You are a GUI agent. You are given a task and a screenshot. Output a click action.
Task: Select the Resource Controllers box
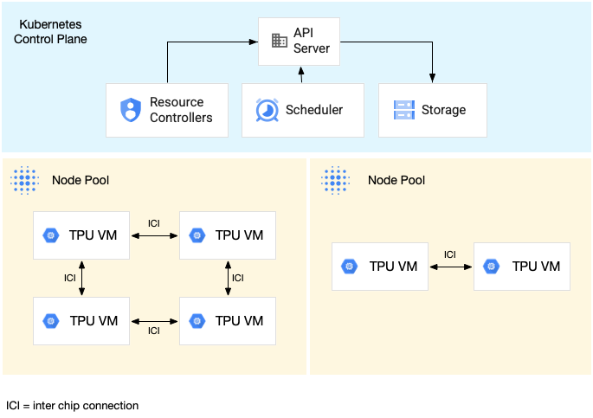click(166, 110)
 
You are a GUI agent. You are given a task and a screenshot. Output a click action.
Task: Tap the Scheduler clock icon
click(266, 110)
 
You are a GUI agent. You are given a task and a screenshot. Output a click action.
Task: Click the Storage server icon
click(404, 110)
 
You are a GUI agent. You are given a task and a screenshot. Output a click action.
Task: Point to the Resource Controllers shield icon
click(130, 110)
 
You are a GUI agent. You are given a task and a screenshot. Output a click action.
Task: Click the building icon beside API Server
click(279, 41)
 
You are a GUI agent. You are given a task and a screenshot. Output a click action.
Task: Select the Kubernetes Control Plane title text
click(51, 32)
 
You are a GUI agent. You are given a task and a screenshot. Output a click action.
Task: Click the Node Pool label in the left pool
click(81, 180)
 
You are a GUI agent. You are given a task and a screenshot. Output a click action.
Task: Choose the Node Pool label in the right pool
click(396, 180)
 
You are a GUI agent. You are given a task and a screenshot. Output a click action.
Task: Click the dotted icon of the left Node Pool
click(25, 180)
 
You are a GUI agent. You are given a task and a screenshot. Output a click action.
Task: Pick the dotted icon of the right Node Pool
click(336, 180)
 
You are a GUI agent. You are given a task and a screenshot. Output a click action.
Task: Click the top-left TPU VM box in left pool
click(81, 235)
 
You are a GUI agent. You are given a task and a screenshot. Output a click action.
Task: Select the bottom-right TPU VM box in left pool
click(228, 320)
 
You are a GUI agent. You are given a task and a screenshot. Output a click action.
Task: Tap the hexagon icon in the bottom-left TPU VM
click(51, 321)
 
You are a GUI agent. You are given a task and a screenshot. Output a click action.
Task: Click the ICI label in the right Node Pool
click(450, 254)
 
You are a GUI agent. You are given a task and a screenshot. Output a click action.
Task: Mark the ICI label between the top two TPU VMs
click(154, 223)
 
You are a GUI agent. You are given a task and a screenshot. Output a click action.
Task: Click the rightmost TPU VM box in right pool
click(522, 266)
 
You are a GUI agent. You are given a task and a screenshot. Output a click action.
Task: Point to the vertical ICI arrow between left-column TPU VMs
click(82, 278)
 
